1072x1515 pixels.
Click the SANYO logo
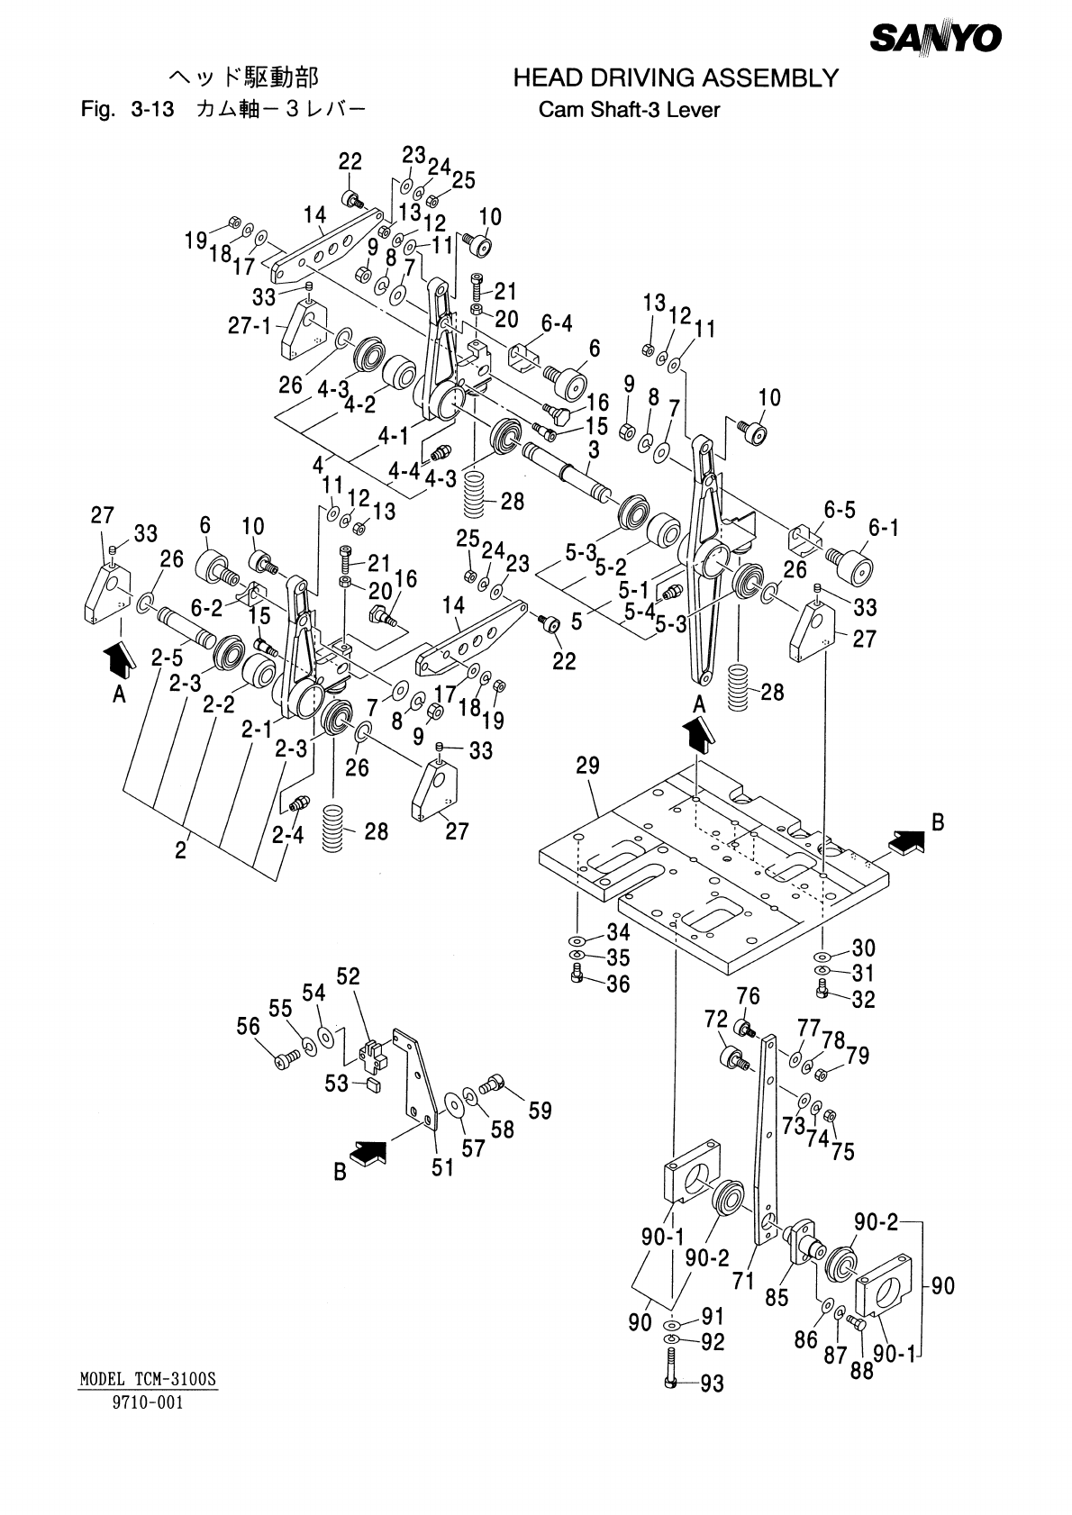point(936,39)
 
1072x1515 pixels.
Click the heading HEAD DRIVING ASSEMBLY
point(676,79)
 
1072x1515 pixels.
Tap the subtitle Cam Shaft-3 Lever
point(629,111)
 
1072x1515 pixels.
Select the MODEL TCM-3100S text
point(150,1379)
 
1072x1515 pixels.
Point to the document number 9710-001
point(147,1402)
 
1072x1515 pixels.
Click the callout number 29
point(588,766)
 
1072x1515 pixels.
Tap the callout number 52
point(349,976)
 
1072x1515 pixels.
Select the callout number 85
point(777,1298)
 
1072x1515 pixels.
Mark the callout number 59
point(540,1111)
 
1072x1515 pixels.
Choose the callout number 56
point(249,1026)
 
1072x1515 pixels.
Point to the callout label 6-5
point(840,510)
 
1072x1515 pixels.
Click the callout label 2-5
point(167,658)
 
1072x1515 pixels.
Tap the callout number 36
point(618,984)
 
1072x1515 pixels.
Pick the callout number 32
point(863,999)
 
